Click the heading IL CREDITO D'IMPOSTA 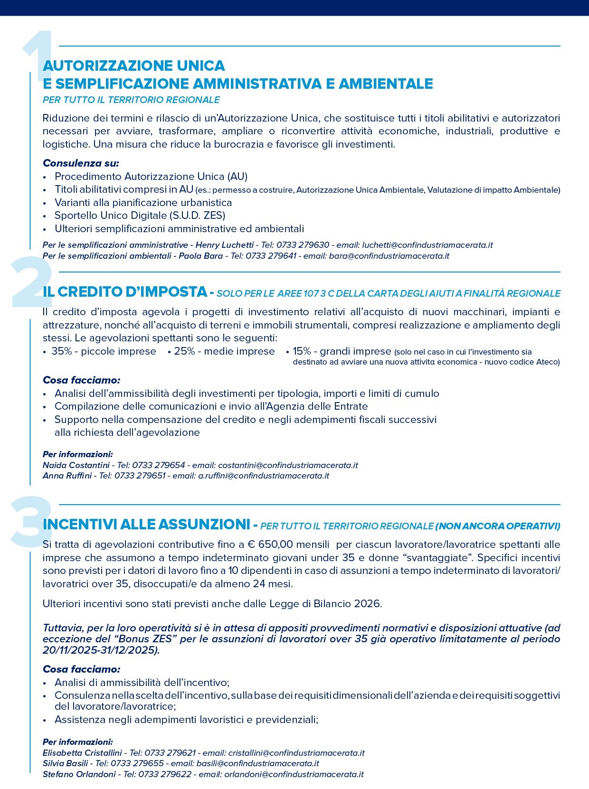[125, 291]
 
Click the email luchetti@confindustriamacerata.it [427, 245]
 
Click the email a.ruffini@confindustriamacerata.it [264, 476]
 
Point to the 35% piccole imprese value [104, 351]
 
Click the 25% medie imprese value [224, 351]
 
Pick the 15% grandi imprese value [342, 351]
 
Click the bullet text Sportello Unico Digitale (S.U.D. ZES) [140, 216]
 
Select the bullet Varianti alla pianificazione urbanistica [143, 203]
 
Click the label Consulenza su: [81, 163]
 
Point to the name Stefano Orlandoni [79, 774]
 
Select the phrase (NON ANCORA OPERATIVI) [498, 526]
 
